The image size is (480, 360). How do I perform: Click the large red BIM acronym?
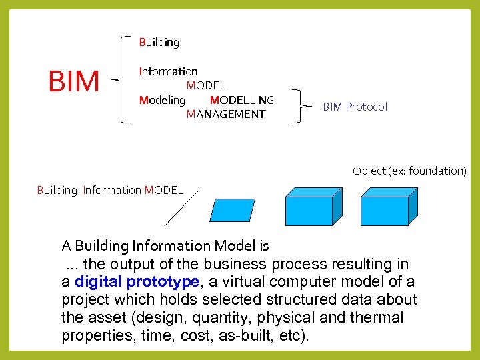74,81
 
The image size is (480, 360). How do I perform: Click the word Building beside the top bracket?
159,42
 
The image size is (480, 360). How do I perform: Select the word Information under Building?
169,71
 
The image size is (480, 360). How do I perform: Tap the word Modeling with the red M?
162,100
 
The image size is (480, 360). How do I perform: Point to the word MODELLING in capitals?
241,100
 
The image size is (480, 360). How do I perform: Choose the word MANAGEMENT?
226,114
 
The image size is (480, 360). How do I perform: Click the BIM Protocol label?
355,107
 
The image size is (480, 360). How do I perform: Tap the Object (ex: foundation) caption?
409,171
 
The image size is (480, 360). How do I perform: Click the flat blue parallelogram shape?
232,210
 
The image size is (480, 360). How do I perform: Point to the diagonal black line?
181,209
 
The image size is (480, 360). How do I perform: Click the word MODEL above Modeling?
206,85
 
